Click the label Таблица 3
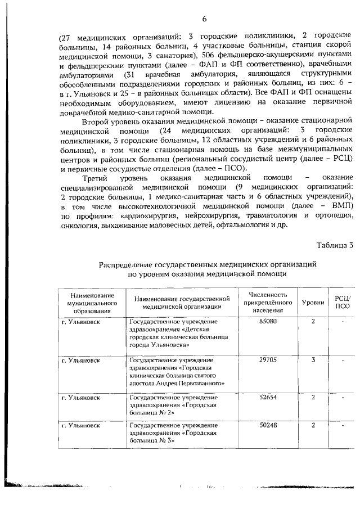tap(335, 245)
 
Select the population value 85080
tap(268, 321)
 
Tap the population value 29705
tap(268, 359)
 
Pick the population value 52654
tap(268, 397)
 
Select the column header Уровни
tap(313, 302)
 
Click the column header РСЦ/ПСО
tap(343, 302)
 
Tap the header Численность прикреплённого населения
tap(268, 302)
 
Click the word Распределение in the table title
tap(130, 263)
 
